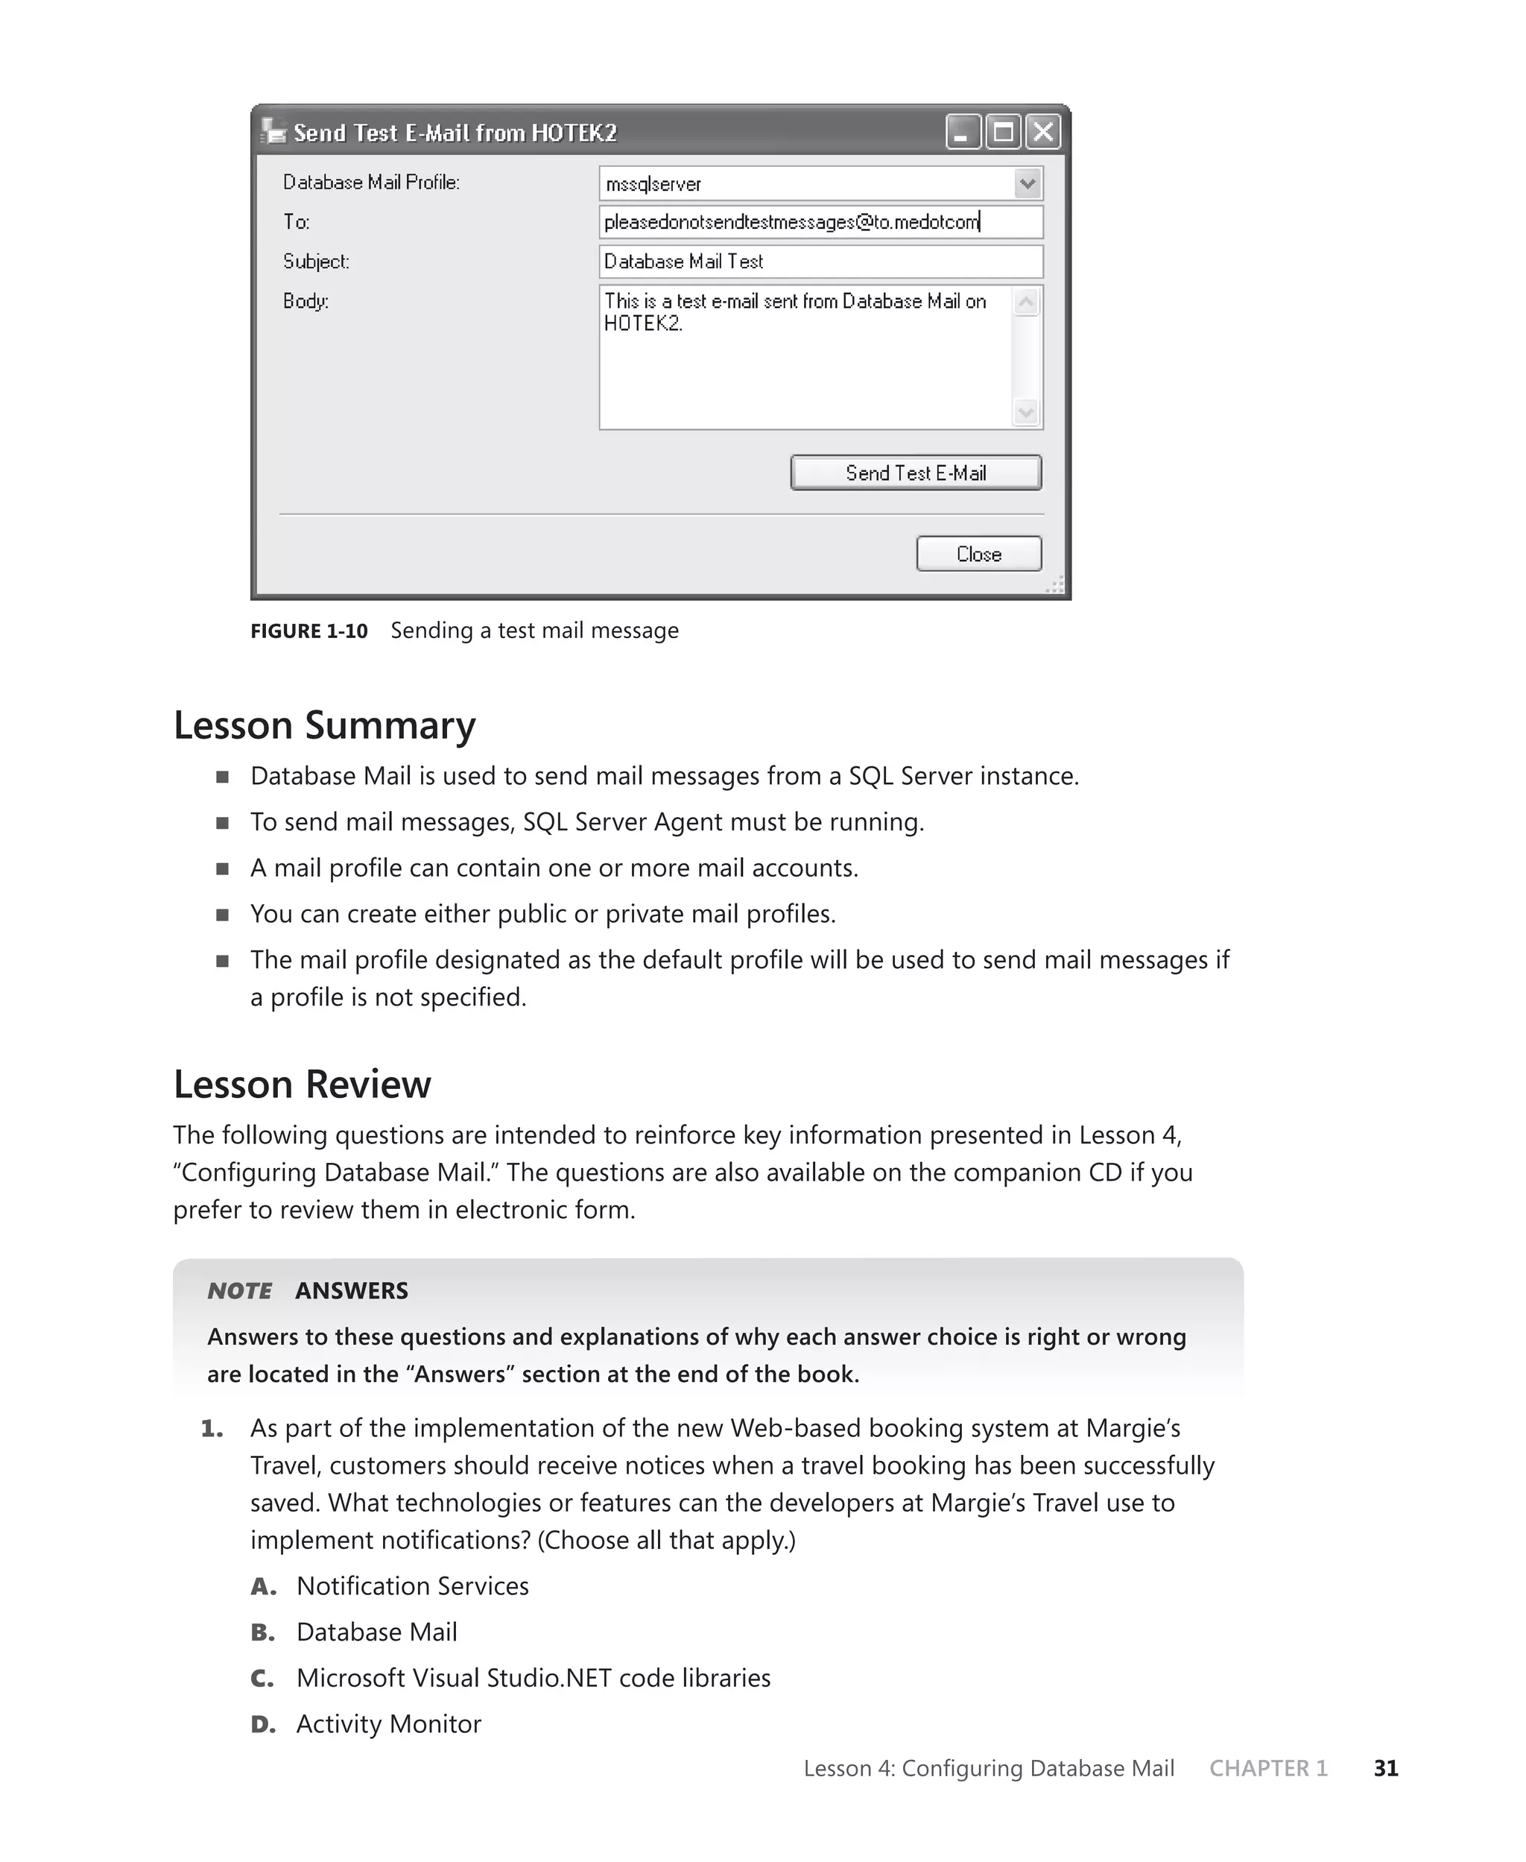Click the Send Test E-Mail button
pyautogui.click(x=915, y=473)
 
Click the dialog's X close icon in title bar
pyautogui.click(x=1042, y=133)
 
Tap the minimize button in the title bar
pyautogui.click(x=963, y=133)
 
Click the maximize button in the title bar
pyautogui.click(x=1003, y=133)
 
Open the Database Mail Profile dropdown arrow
pyautogui.click(x=1027, y=183)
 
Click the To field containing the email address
pyautogui.click(x=820, y=222)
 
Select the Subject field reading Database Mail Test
pyautogui.click(x=820, y=262)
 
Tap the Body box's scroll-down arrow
pyautogui.click(x=1026, y=412)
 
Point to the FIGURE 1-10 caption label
pyautogui.click(x=308, y=631)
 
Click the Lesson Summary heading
pyautogui.click(x=324, y=725)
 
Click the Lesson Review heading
pyautogui.click(x=302, y=1084)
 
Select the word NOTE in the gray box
pyautogui.click(x=239, y=1290)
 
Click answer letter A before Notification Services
pyautogui.click(x=263, y=1587)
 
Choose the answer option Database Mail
pyautogui.click(x=376, y=1632)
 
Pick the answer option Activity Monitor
pyautogui.click(x=388, y=1724)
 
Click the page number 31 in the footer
pyautogui.click(x=1385, y=1768)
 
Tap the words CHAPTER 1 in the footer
pyautogui.click(x=1267, y=1768)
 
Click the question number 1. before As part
pyautogui.click(x=212, y=1430)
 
